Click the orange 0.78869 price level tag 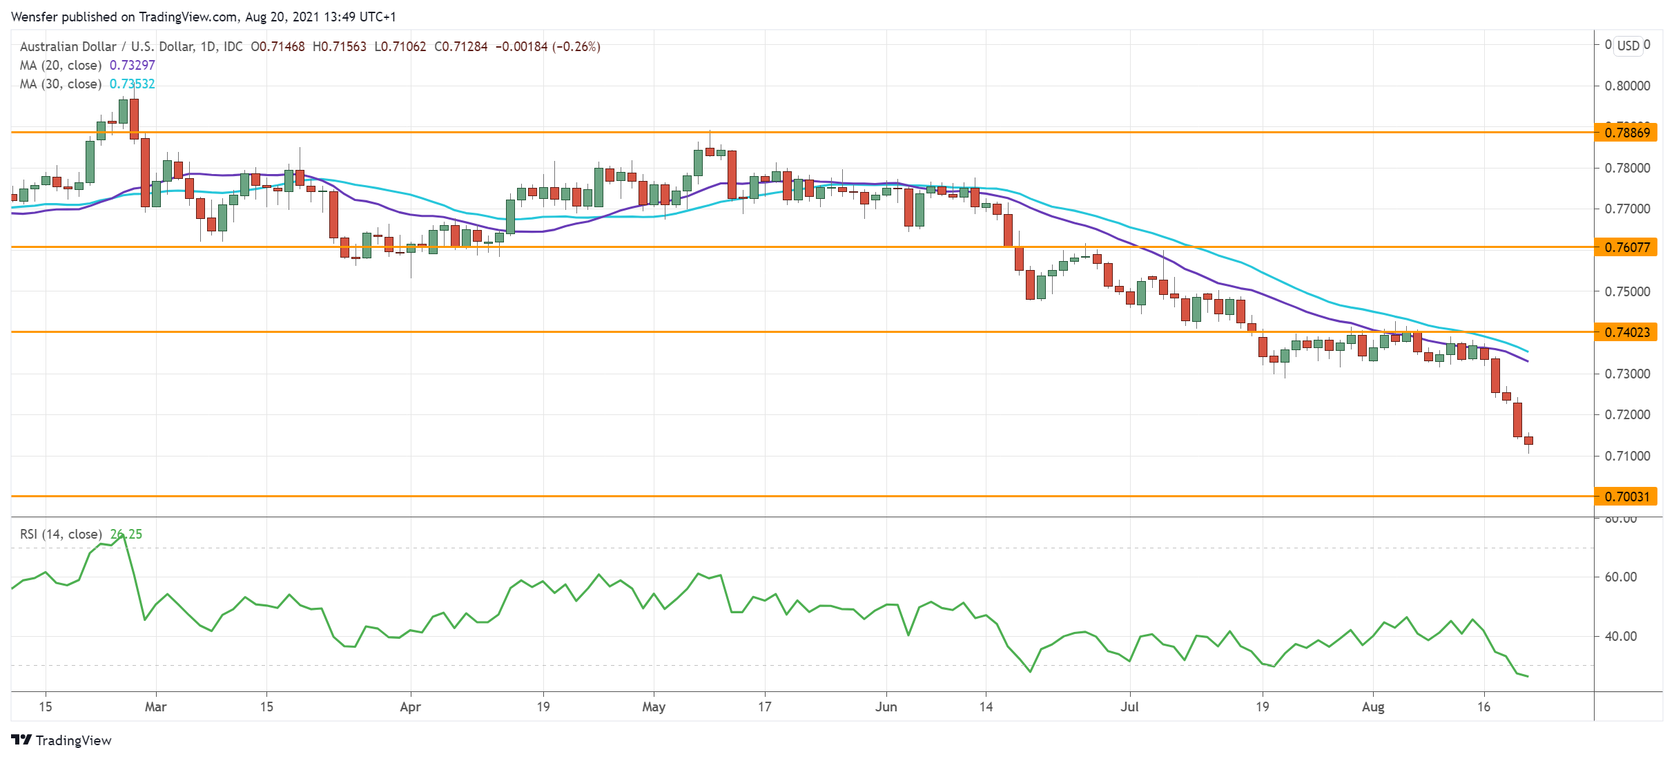point(1626,133)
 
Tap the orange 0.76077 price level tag point(1626,247)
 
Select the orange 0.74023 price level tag point(1626,332)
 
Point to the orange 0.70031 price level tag point(1626,497)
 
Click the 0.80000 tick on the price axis point(1627,86)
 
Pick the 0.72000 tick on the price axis point(1627,415)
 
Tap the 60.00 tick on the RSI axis point(1620,577)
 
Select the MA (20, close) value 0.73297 point(133,66)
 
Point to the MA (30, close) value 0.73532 point(133,84)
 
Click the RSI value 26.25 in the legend point(126,535)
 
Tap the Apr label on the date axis point(410,707)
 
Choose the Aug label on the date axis point(1373,707)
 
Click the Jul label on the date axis point(1129,707)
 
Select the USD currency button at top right point(1628,46)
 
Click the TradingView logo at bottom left point(61,740)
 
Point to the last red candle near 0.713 point(1529,441)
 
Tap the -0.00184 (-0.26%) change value point(547,47)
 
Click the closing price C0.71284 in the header point(460,47)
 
